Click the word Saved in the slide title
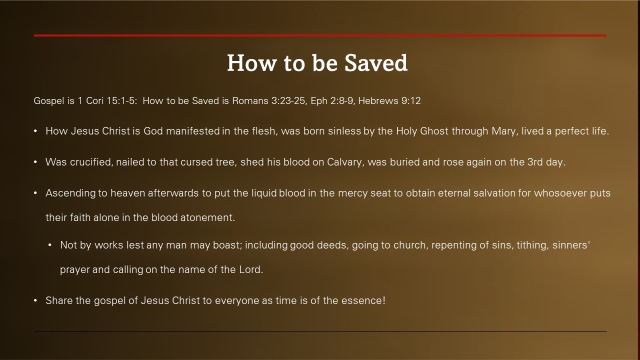376,63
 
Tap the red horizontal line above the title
320,35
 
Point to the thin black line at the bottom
320,331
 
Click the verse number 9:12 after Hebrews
411,101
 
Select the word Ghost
434,131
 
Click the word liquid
264,193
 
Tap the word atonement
207,217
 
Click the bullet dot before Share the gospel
35,300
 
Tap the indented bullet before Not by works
50,245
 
